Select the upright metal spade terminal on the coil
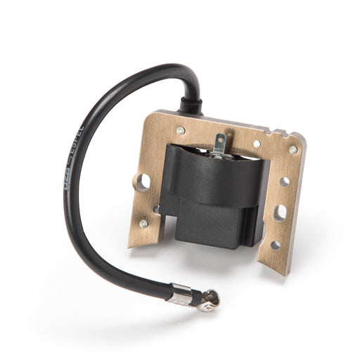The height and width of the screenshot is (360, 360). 219,144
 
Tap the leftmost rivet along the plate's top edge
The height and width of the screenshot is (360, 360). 181,130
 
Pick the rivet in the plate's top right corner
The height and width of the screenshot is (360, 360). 293,150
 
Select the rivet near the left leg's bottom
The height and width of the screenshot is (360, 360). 143,224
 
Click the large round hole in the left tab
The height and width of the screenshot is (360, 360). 143,182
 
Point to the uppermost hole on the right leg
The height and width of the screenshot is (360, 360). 285,181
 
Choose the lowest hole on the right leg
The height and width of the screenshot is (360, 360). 275,245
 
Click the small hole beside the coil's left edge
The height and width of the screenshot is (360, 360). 156,209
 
